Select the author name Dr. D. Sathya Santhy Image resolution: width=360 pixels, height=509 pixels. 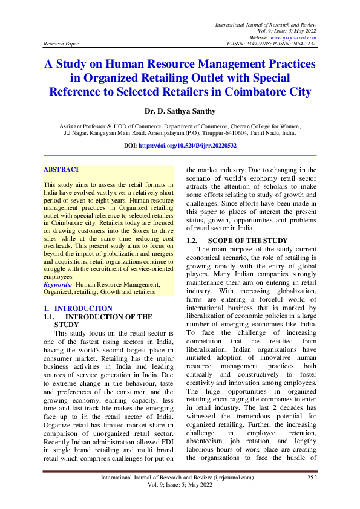coord(180,112)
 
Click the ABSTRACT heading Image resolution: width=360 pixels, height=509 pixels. coord(62,170)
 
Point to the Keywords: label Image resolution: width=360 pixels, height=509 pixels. coord(58,284)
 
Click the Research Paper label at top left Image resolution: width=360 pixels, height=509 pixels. coord(61,44)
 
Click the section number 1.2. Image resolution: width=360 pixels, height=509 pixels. coord(194,241)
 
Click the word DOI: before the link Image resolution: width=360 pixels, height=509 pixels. coord(131,146)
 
